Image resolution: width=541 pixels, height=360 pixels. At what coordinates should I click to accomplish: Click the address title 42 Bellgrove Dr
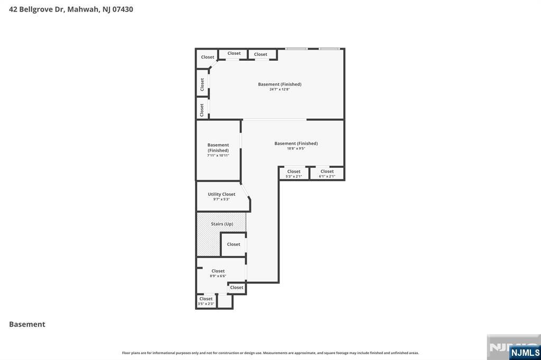[x=71, y=9]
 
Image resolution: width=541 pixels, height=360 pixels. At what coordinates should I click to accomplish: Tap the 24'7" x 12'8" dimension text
[x=279, y=90]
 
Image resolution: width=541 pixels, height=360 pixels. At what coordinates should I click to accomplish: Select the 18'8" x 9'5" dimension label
[x=296, y=149]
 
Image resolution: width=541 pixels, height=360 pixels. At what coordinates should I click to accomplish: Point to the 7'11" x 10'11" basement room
[x=218, y=150]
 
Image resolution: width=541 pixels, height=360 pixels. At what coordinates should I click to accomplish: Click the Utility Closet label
[x=221, y=194]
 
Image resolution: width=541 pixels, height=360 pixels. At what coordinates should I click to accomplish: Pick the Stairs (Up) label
[x=222, y=224]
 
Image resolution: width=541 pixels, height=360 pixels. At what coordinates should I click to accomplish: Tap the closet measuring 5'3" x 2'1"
[x=294, y=173]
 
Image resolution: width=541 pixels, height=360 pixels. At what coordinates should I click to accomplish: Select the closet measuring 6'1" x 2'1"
[x=327, y=173]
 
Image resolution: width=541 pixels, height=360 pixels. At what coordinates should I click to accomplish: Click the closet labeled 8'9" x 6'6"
[x=218, y=273]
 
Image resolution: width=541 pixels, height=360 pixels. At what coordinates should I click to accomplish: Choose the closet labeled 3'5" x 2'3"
[x=206, y=301]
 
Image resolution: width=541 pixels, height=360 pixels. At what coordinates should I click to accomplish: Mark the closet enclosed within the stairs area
[x=234, y=244]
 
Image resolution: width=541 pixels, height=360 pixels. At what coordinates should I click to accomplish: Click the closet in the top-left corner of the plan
[x=207, y=57]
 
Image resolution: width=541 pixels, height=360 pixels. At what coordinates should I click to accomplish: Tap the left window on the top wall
[x=296, y=49]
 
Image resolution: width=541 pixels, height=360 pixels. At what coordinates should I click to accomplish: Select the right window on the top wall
[x=329, y=49]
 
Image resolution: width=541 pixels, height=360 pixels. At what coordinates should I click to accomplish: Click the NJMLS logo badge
[x=525, y=353]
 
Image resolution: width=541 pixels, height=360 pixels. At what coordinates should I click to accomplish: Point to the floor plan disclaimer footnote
[x=270, y=353]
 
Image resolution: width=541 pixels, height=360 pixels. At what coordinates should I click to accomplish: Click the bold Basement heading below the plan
[x=27, y=324]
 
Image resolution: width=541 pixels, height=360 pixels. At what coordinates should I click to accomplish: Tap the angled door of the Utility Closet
[x=245, y=191]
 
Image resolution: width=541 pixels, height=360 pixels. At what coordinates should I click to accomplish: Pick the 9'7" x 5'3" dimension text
[x=221, y=200]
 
